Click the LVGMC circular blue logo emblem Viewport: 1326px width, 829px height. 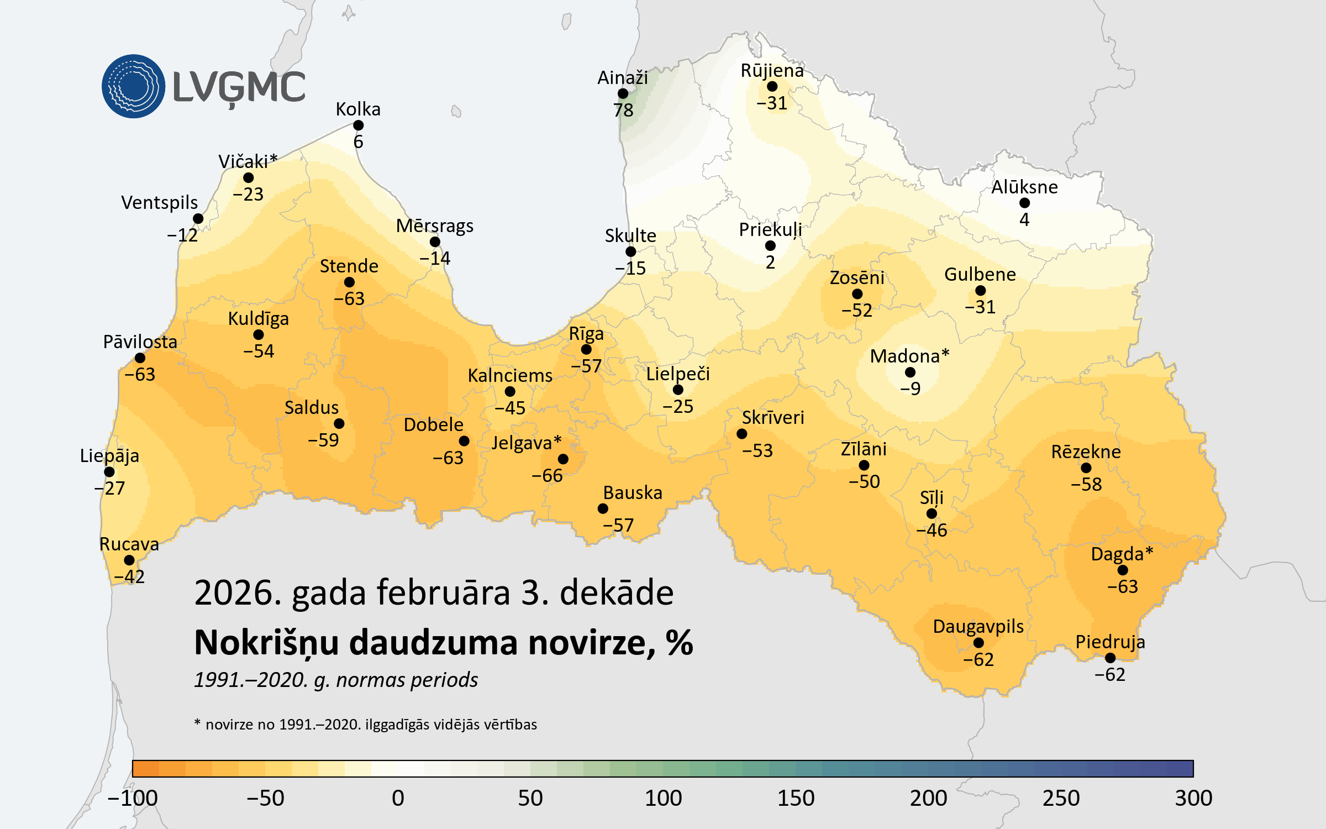133,86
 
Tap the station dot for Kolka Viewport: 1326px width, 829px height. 358,125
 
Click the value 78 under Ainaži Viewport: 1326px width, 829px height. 623,110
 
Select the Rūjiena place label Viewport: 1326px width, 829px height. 772,71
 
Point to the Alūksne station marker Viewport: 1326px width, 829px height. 1024,203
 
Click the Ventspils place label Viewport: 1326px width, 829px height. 159,202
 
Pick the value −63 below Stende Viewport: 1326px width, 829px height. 349,298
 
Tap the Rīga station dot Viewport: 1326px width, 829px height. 586,349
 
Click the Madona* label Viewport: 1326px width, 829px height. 909,356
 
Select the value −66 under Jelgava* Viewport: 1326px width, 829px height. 547,475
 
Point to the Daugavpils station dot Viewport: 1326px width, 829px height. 978,643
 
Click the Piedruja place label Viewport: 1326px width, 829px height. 1110,642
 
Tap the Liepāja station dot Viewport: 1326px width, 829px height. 109,472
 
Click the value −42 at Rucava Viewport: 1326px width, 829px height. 129,576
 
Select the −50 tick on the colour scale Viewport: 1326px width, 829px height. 265,798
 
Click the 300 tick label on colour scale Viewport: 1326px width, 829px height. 1193,798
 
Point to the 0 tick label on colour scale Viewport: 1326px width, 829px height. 398,798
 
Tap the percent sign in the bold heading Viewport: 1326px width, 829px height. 679,643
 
